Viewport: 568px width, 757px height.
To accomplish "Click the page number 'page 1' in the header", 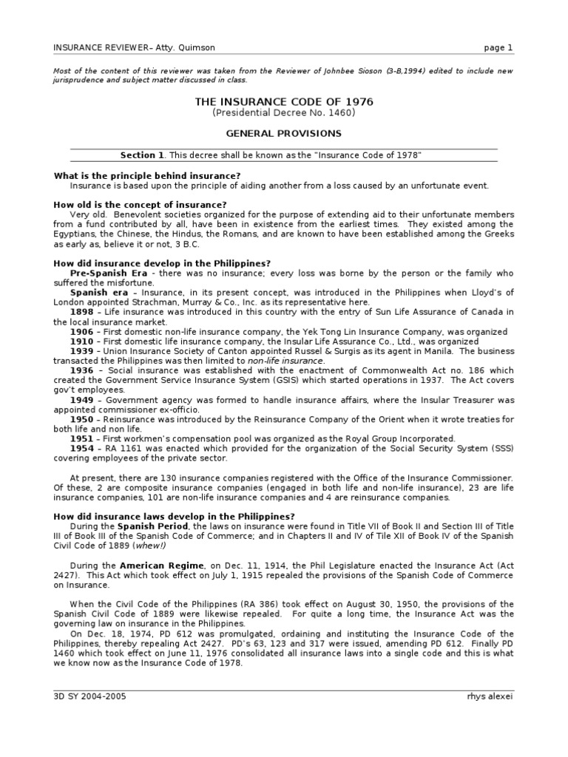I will [498, 48].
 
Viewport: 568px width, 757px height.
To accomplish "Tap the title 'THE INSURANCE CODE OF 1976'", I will [283, 102].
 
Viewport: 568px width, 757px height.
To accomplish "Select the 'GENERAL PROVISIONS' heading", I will [283, 134].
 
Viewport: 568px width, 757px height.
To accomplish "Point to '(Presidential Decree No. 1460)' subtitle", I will [283, 113].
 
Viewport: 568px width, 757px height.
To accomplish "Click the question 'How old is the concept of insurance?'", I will [141, 204].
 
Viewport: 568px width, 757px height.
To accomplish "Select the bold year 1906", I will [81, 332].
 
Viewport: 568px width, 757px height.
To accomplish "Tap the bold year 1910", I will [81, 342].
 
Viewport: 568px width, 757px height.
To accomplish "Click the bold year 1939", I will [81, 351].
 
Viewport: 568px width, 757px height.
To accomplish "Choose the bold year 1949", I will [81, 399].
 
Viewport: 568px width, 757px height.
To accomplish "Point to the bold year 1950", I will [81, 418].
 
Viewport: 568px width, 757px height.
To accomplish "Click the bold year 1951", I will [81, 438].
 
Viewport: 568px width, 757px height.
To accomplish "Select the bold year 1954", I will [81, 447].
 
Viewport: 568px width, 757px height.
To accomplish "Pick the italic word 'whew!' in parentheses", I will [155, 546].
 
